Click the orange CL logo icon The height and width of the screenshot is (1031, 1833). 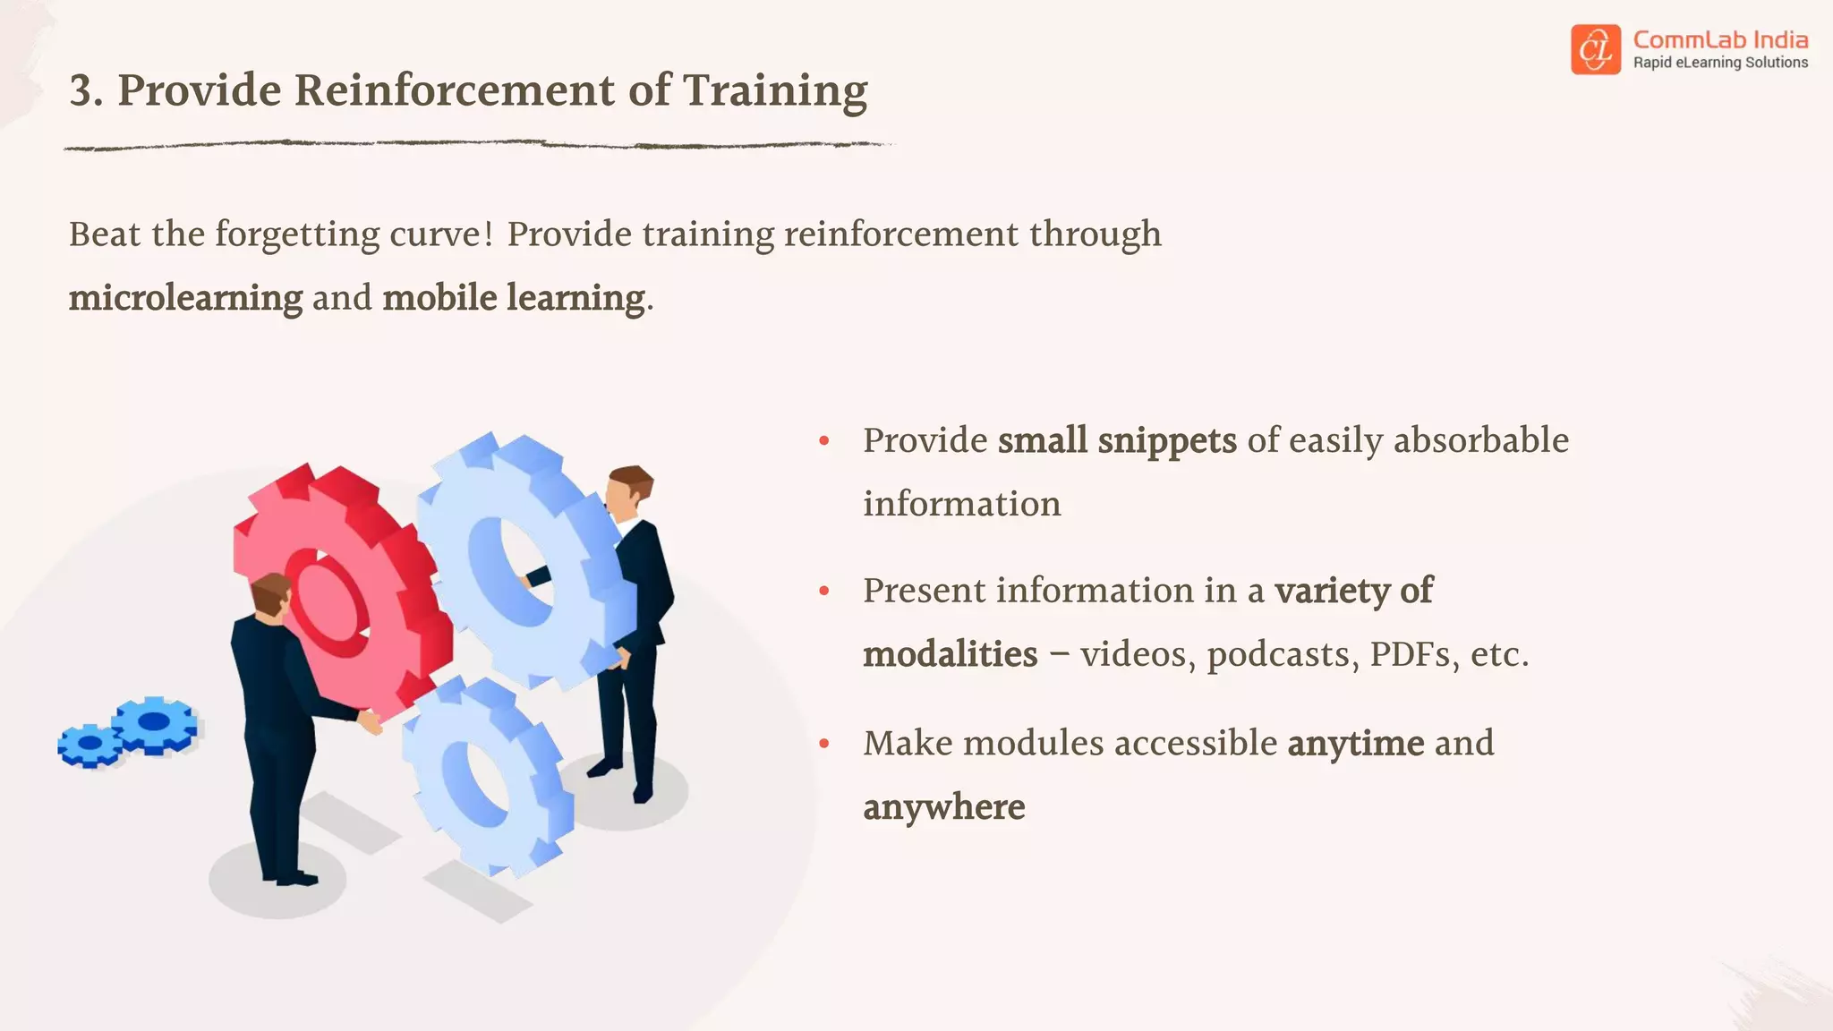click(1595, 49)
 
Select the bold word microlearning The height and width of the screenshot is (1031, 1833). click(186, 298)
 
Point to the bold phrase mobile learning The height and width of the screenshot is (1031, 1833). click(514, 298)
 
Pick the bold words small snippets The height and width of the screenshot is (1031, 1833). click(1117, 440)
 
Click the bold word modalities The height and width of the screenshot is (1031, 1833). click(950, 654)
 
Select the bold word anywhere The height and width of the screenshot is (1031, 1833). click(944, 807)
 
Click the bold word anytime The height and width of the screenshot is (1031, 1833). click(1355, 743)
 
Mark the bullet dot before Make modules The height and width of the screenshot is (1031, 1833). click(824, 743)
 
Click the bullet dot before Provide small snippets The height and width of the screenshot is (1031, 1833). click(824, 440)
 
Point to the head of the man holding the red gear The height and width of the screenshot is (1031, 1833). click(271, 594)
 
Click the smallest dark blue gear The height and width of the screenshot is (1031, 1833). click(90, 745)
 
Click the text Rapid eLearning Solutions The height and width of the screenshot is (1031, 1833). click(1720, 63)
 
